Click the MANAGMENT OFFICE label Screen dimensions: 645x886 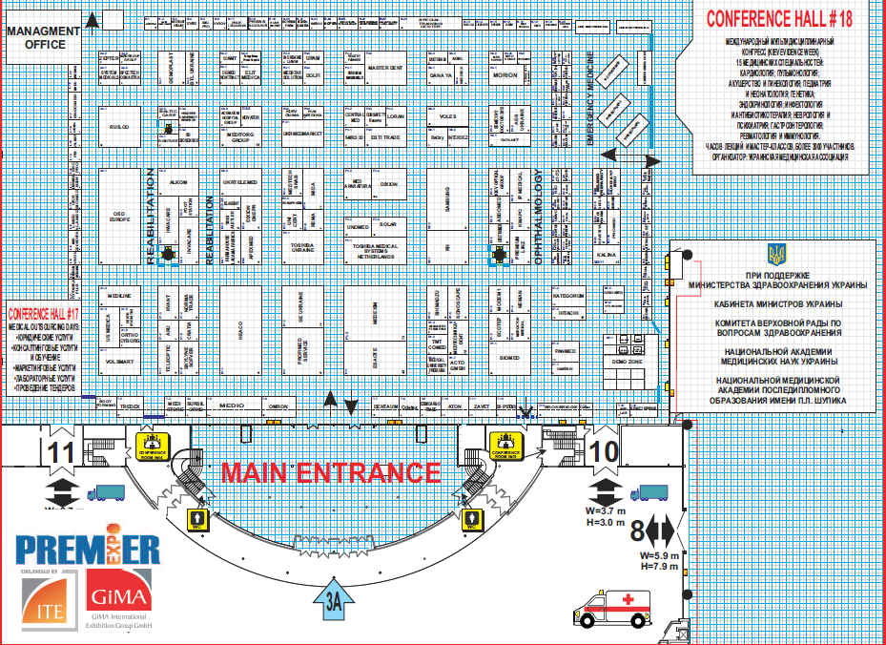(x=42, y=36)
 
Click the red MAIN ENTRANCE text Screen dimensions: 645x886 (x=331, y=472)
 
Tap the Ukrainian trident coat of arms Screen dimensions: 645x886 (x=777, y=254)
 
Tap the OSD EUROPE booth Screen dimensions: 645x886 (x=119, y=215)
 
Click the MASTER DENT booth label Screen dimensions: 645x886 (x=386, y=69)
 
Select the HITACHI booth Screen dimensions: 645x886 (x=570, y=312)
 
